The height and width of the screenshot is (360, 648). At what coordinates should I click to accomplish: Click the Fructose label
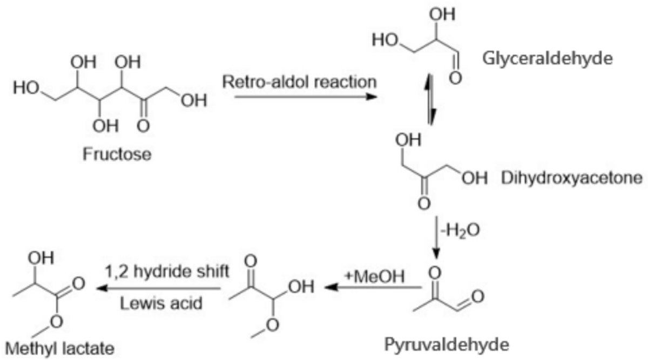[117, 154]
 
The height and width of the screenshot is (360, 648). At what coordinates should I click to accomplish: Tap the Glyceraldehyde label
[548, 58]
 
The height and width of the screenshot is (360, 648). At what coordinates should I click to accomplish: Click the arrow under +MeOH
[373, 288]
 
